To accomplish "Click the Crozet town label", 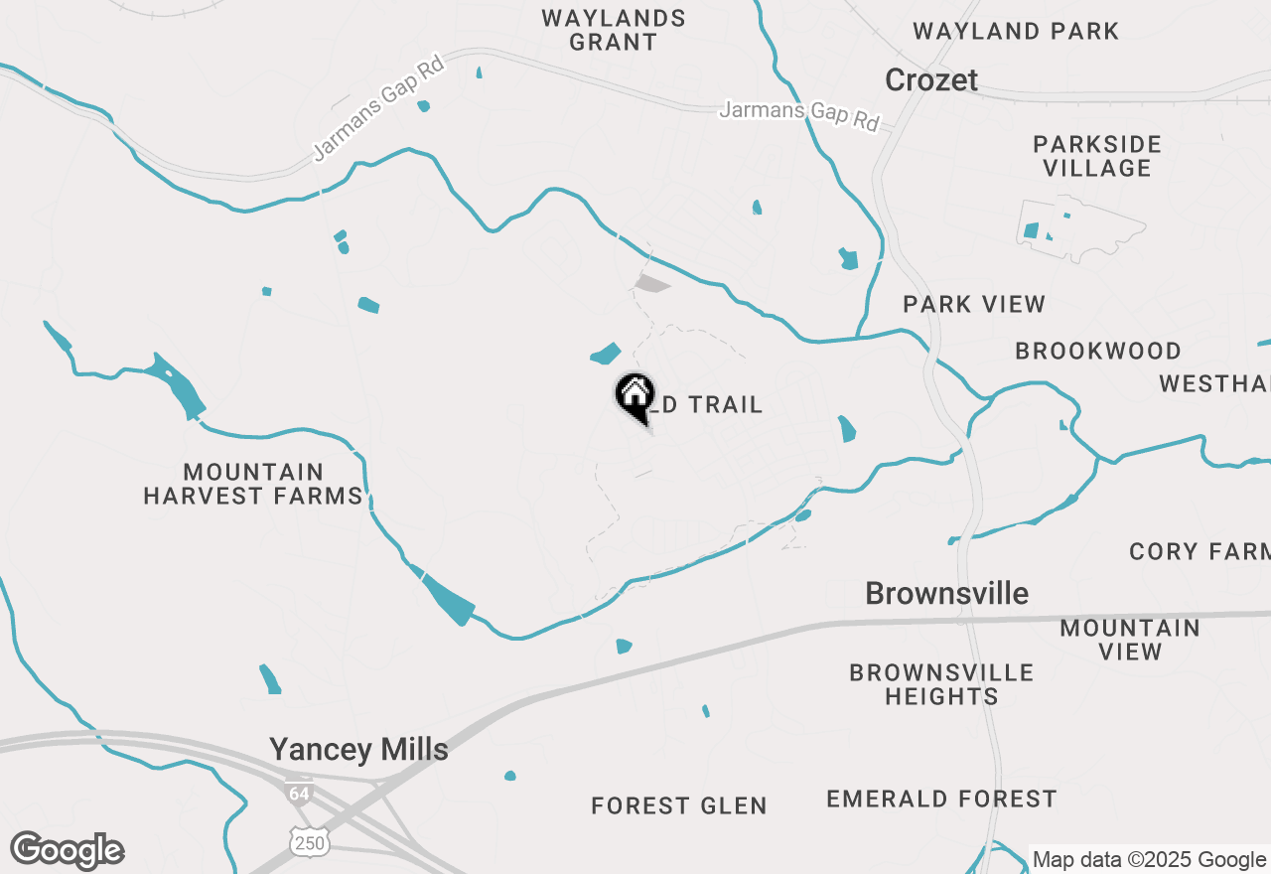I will (931, 79).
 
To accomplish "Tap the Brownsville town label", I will (946, 594).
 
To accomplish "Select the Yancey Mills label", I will (358, 749).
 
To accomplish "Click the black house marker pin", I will (635, 395).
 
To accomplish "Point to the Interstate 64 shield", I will (298, 793).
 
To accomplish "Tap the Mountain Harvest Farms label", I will (253, 484).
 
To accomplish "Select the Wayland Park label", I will (1016, 31).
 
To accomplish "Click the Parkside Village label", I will (1097, 156).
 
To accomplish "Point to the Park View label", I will (974, 304).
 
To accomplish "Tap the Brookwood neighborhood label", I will (1098, 351).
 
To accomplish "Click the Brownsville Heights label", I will (941, 684).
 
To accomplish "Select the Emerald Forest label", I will (941, 799).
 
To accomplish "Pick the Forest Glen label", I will (679, 805).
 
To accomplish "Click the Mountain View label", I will (1130, 640).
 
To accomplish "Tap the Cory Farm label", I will (1200, 551).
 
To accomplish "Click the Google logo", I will (68, 851).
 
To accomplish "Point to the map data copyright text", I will (1150, 860).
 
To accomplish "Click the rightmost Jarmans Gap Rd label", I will (799, 114).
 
